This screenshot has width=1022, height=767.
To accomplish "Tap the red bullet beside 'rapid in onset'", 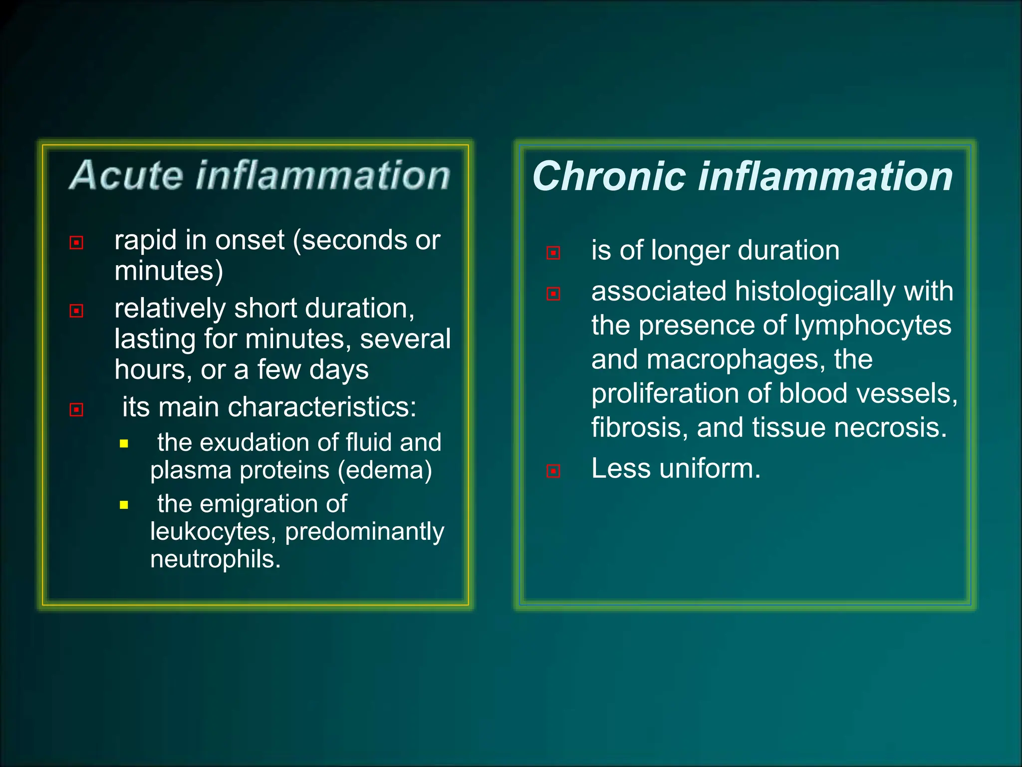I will [76, 243].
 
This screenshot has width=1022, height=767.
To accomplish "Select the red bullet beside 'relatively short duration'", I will [76, 311].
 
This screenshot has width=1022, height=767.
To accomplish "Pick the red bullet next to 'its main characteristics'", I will [76, 410].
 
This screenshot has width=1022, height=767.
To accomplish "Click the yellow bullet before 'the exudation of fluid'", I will [124, 443].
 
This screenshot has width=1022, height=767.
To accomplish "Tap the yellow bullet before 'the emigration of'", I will [124, 505].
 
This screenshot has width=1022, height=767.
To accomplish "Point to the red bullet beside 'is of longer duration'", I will [553, 253].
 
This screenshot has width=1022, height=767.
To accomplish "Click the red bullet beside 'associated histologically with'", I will [553, 294].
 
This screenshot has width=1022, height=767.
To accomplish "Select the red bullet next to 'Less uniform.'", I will [553, 471].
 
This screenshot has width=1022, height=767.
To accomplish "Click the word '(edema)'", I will [385, 470].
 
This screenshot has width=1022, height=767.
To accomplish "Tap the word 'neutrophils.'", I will [216, 559].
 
